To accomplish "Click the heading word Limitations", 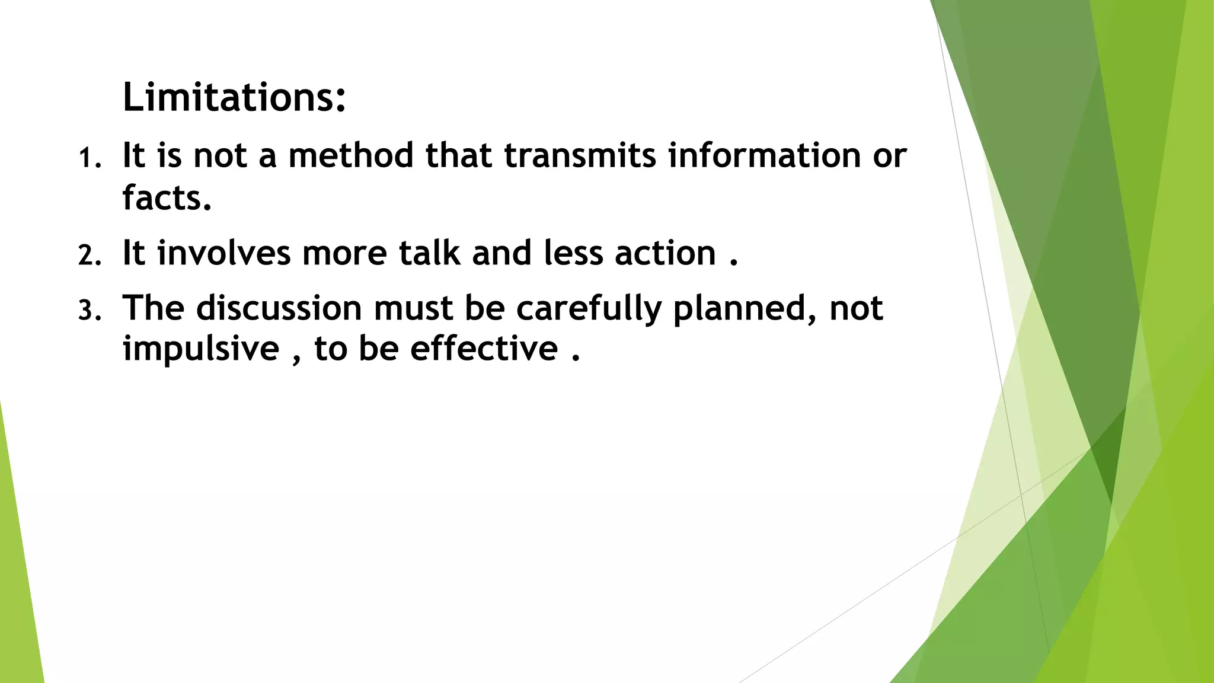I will [234, 97].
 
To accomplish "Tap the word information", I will [764, 155].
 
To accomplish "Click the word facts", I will [167, 197].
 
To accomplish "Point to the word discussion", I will [279, 308].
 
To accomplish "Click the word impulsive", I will [201, 349].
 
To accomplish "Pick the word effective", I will [484, 348].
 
